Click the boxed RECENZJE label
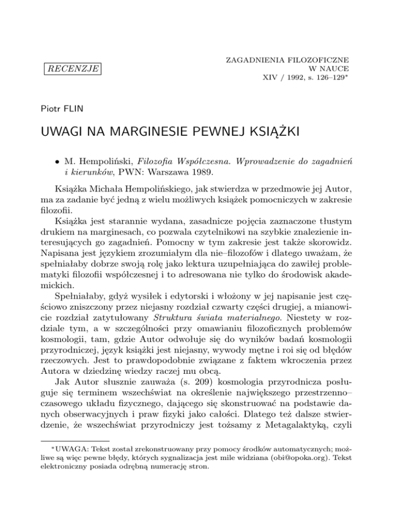72,68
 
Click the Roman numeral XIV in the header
270,78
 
